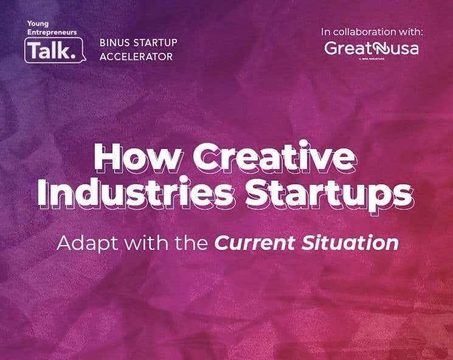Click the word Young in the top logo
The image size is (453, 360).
coord(37,23)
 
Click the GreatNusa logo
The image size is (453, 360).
coord(371,49)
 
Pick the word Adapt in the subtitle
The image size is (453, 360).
coord(82,243)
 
